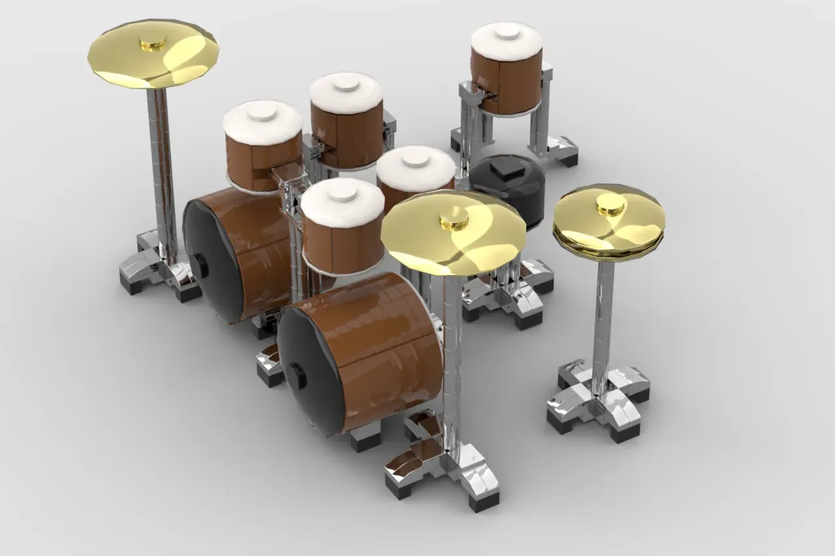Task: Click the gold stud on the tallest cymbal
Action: (x=152, y=44)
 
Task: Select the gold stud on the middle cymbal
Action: (x=454, y=220)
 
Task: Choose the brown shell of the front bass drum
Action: (x=385, y=345)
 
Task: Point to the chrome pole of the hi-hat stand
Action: (x=603, y=313)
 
